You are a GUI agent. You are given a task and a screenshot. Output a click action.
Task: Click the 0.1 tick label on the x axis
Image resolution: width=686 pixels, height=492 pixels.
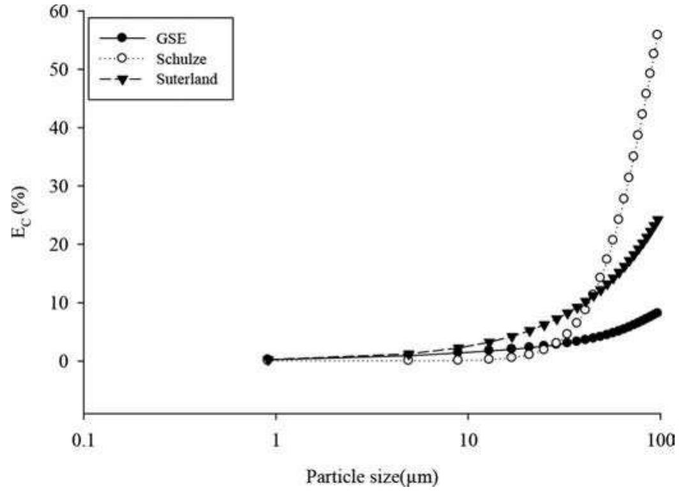point(84,440)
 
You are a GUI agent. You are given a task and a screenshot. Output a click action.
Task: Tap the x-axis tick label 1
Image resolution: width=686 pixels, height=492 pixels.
point(276,440)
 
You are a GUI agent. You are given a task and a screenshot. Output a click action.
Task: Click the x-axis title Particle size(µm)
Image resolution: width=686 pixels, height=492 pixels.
point(373,477)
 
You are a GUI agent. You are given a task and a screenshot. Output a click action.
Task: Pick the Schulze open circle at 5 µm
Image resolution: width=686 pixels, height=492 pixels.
point(408,360)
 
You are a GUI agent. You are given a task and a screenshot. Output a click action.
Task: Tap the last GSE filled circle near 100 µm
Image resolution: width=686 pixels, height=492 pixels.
point(657,312)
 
